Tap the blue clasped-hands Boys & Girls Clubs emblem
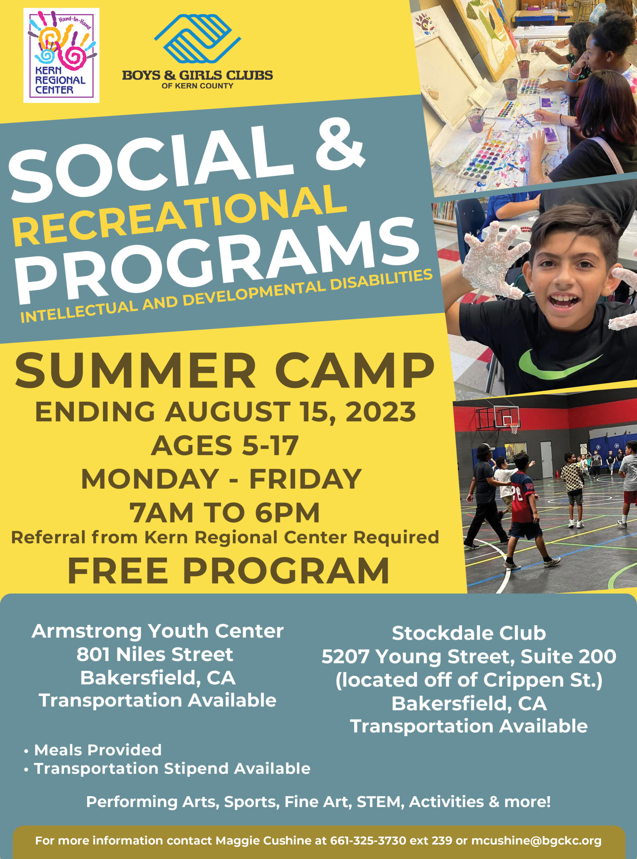coord(198,39)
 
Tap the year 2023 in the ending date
coord(381,412)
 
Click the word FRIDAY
coord(305,479)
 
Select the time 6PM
coord(287,513)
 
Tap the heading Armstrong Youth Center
coord(158,631)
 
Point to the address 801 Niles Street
coord(155,654)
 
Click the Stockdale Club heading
coord(469,633)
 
